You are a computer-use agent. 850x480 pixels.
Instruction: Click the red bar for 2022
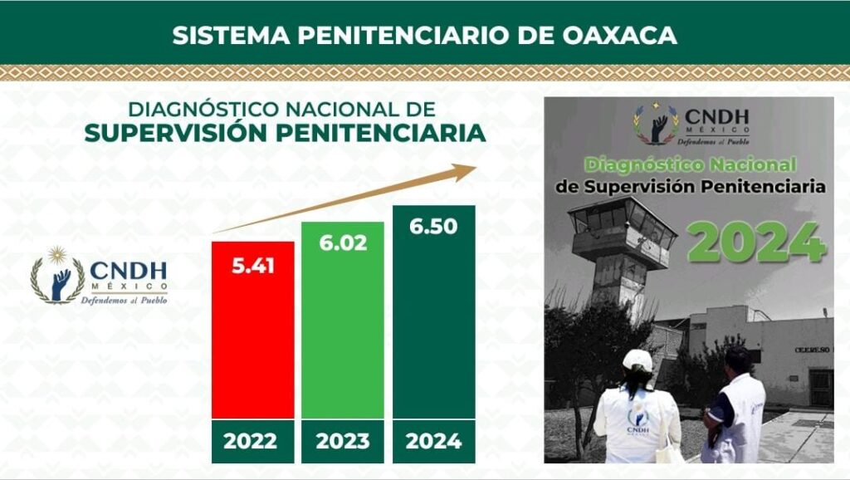(x=252, y=330)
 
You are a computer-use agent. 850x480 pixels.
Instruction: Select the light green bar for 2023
(x=343, y=320)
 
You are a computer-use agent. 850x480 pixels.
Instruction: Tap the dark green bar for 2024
(x=433, y=312)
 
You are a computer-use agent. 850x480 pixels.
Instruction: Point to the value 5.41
(x=253, y=266)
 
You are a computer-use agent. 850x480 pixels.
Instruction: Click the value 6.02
(x=343, y=243)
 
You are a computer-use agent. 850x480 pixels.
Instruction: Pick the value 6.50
(x=433, y=226)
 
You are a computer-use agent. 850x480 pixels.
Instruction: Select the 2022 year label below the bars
(x=251, y=441)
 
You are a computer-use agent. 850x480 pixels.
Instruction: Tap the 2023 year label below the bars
(x=343, y=441)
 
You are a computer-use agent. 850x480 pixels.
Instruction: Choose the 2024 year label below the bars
(x=433, y=441)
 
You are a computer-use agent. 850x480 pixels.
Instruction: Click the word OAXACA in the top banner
(x=619, y=35)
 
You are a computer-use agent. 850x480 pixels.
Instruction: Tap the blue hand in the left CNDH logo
(x=60, y=284)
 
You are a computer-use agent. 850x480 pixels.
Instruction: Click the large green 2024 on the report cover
(x=757, y=242)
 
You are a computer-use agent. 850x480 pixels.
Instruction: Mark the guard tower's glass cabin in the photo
(x=623, y=216)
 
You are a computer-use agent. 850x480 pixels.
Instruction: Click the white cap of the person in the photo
(x=638, y=360)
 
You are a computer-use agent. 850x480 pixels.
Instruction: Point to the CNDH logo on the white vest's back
(x=638, y=421)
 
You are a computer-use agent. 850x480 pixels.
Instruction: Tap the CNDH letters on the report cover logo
(x=716, y=116)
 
